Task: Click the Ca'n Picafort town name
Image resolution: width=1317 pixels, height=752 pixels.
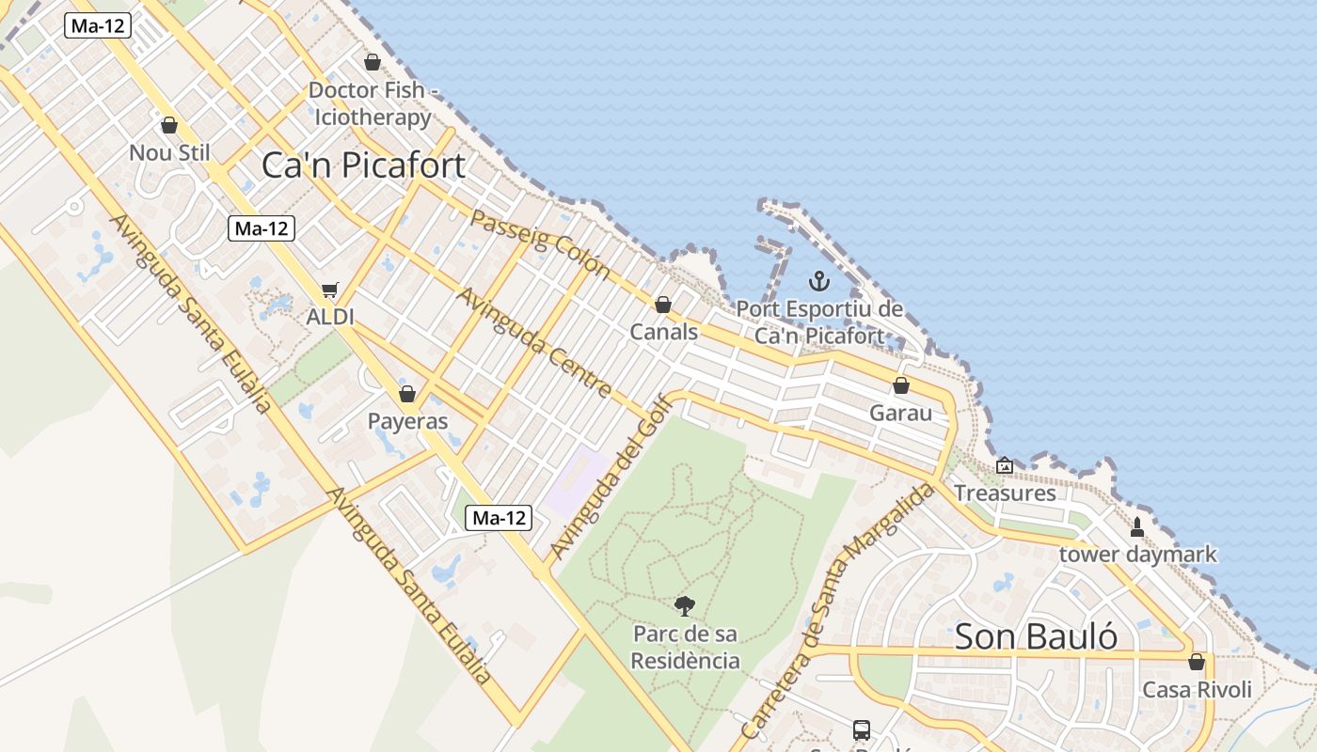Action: (363, 165)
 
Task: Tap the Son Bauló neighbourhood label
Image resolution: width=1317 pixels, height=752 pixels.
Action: (1036, 636)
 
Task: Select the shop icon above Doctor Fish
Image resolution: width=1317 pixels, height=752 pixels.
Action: (373, 62)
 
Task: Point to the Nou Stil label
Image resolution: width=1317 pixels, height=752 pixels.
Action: (169, 152)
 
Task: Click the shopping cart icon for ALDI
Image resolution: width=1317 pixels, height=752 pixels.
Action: (329, 290)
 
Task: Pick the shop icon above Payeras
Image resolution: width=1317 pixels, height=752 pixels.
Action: (407, 393)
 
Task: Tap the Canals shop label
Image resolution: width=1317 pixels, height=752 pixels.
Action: (663, 332)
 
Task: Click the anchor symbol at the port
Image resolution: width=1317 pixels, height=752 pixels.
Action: (819, 280)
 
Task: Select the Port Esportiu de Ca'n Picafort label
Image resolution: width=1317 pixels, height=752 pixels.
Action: (819, 322)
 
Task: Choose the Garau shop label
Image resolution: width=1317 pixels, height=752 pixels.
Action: (900, 413)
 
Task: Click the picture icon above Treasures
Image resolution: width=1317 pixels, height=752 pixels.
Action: (1005, 464)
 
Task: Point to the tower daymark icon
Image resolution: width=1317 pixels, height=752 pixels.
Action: (1137, 526)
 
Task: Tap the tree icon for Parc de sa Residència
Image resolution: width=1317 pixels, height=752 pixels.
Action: (685, 606)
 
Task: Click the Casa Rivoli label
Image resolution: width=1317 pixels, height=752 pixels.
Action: (1197, 690)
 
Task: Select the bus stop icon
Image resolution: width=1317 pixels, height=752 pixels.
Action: (861, 729)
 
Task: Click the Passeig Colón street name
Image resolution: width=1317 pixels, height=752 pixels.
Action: (540, 243)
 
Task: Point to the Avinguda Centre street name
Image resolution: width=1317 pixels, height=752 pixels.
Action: (534, 343)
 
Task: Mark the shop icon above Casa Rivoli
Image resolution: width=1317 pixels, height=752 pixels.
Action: (1197, 662)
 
